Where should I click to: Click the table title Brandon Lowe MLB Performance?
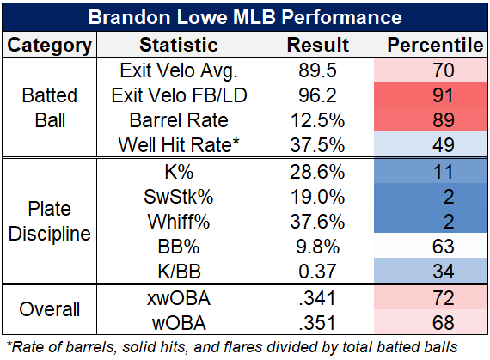pos(245,17)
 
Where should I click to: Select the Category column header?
pos(49,45)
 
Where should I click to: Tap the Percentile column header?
pos(435,45)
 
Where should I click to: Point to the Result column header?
pos(318,45)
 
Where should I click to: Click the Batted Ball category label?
pos(49,107)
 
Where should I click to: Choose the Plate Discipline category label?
pos(49,221)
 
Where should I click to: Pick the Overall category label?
pos(49,309)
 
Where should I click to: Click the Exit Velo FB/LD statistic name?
pos(179,95)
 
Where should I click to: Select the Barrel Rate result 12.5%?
pos(317,120)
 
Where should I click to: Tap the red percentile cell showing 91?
pos(431,95)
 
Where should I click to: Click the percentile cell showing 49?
pos(431,144)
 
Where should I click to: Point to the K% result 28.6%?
pos(317,172)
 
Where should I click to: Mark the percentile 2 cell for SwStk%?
pos(431,197)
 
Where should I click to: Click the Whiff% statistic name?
pos(179,222)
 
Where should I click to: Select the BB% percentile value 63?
pos(443,247)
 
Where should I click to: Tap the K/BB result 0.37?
pos(317,271)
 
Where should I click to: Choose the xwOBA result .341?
pos(317,298)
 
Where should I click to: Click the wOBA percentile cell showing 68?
pos(431,322)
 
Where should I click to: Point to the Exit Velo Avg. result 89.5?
pos(317,70)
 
